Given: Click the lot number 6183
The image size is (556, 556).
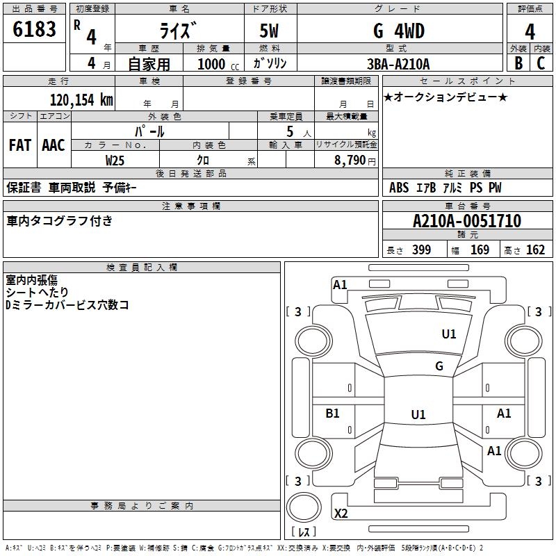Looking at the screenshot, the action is point(34,29).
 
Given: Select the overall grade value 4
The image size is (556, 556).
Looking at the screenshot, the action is point(530,31).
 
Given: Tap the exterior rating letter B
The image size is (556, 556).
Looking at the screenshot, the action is point(518,63).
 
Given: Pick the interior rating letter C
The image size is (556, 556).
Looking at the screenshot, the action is point(541,63).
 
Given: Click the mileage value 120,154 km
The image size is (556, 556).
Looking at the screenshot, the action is point(81,100).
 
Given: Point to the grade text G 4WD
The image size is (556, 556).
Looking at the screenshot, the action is point(399,31).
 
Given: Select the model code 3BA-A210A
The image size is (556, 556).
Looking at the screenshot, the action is point(398,64).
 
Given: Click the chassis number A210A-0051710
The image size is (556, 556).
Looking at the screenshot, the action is point(467,221).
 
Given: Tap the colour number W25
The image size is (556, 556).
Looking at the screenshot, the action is point(115,161).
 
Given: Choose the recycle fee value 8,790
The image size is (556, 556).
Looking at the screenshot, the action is point(350,161).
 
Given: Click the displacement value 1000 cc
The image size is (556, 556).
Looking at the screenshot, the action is point(218,64).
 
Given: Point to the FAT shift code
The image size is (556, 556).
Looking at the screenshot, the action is point(20,145).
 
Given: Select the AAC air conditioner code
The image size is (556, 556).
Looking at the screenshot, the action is point(54,145).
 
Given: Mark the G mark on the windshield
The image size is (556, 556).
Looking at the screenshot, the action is point(439,366).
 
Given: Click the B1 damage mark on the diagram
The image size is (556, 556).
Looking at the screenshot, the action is point(332,413).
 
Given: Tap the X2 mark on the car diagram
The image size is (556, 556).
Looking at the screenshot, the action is point(341,513).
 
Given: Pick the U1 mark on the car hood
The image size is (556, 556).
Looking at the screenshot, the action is point(448,334).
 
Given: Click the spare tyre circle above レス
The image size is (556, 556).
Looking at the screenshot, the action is point(304,507).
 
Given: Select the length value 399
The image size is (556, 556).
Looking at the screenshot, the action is point(421,250).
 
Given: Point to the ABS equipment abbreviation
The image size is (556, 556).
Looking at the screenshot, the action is point(398,188).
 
